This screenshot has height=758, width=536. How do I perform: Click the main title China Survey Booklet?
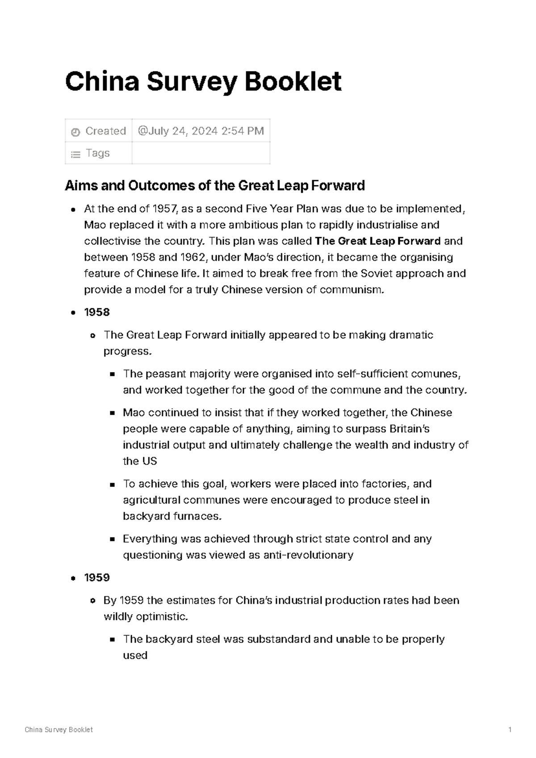(203, 82)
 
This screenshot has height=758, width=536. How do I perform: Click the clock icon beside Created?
(75, 132)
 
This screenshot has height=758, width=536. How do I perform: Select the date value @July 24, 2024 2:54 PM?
(201, 131)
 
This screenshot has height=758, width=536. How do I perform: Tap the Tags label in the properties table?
(97, 153)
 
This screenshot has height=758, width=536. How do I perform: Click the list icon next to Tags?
(75, 155)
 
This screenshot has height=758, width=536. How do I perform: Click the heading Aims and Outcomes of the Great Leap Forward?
(215, 185)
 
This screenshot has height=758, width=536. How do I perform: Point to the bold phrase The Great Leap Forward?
(377, 241)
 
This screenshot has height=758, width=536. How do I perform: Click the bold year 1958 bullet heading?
(97, 312)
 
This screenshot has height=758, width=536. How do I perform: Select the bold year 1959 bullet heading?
(97, 578)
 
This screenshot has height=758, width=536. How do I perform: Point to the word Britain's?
(410, 429)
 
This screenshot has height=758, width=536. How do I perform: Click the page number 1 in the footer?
(510, 730)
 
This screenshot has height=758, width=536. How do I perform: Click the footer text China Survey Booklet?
(59, 730)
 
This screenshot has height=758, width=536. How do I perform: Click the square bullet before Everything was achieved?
(112, 539)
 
